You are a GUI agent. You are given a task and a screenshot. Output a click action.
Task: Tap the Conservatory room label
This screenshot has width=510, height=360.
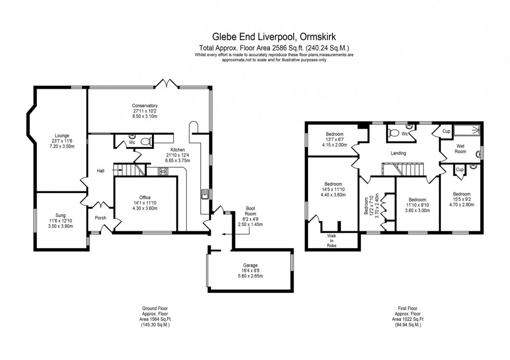click(x=145, y=106)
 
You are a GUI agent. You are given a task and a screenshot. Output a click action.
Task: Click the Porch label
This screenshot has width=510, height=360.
click(x=100, y=218)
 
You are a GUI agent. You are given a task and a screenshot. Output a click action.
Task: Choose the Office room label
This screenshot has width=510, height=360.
click(x=145, y=197)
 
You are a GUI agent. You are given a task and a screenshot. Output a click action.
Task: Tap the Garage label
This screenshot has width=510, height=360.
click(x=250, y=265)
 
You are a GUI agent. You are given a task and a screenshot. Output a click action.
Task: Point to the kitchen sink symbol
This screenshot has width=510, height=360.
click(x=205, y=194)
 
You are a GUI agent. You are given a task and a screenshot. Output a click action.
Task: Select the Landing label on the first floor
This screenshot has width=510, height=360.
click(x=399, y=153)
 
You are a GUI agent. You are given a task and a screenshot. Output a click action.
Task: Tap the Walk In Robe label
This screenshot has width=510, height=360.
click(x=331, y=241)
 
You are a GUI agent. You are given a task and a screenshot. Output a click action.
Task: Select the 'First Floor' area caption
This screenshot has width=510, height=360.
click(x=407, y=308)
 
